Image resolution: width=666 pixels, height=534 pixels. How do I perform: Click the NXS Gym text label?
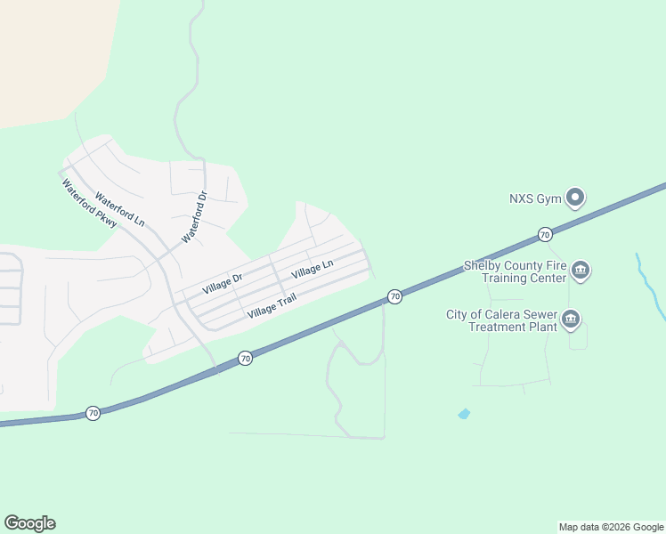click(535, 198)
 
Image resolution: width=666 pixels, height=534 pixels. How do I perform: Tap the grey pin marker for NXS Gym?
click(576, 197)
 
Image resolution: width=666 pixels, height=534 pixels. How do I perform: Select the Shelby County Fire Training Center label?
click(515, 271)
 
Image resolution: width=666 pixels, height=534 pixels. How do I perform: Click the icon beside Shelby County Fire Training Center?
click(581, 270)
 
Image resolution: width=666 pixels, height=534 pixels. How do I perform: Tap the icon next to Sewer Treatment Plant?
click(571, 319)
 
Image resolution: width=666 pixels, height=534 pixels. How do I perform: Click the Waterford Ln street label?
click(119, 208)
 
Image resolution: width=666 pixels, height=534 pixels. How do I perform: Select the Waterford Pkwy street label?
click(88, 207)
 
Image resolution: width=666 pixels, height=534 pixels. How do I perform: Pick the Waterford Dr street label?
click(194, 218)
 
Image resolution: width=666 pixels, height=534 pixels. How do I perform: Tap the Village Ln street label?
click(312, 267)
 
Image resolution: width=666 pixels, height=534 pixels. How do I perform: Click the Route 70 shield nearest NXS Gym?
click(544, 234)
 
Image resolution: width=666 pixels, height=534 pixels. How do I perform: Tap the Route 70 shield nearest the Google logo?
click(93, 413)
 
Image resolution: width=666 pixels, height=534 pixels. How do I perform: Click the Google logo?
click(29, 523)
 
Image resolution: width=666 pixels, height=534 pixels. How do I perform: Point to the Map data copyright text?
click(612, 527)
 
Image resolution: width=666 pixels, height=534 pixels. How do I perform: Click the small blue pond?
click(463, 414)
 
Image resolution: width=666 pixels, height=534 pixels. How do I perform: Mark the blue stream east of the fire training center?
click(653, 285)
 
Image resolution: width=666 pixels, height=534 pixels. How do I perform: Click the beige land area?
click(45, 53)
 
